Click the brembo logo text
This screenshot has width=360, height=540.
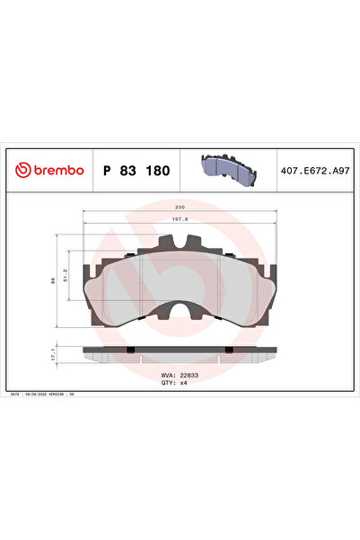(57, 170)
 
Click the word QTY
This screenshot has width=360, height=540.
(167, 384)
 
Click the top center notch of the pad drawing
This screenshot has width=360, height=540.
(180, 243)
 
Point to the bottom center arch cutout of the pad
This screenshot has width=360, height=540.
(180, 312)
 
